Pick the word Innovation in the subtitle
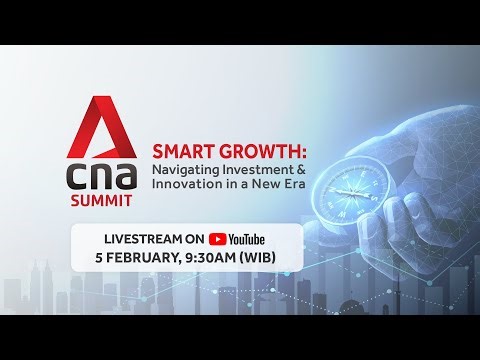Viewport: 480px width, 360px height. coord(189,187)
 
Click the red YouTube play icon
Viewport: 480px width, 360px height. coord(218,240)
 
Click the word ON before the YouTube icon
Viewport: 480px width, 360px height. coord(194,239)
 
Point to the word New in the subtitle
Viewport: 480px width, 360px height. coord(271,187)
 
